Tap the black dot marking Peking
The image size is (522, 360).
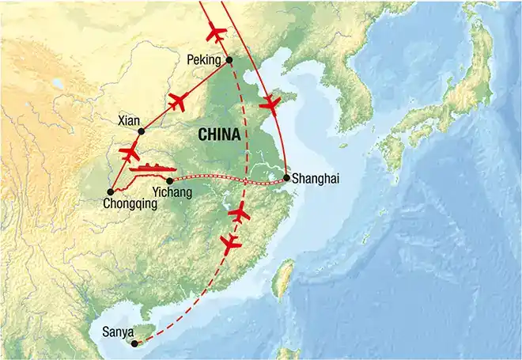click(229, 59)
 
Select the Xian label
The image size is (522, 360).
click(127, 121)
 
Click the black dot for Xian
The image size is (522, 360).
click(142, 131)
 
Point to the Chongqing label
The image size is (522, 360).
click(130, 203)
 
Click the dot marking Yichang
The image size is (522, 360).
click(170, 181)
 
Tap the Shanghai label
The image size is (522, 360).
click(315, 180)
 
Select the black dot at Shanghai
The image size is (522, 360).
click(286, 177)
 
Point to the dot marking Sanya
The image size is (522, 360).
click(134, 343)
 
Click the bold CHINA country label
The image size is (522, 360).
click(215, 135)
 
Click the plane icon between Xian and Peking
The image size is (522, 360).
click(179, 101)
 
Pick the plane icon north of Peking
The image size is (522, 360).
click(215, 34)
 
